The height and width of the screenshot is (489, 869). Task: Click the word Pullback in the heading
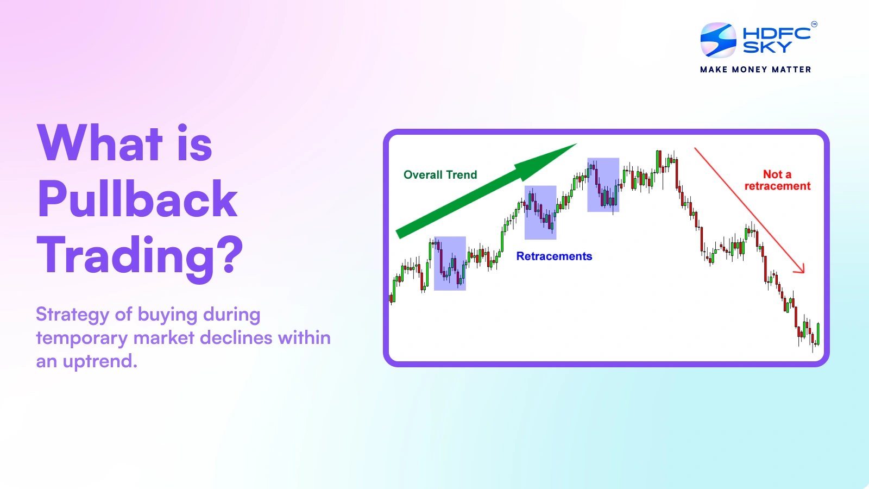137,199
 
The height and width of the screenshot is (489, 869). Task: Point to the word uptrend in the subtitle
100,361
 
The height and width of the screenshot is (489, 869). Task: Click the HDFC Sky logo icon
718,40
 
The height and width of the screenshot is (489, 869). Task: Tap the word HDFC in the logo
777,33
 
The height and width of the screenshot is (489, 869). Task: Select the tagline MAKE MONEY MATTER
755,70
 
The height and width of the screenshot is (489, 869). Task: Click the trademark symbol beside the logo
814,24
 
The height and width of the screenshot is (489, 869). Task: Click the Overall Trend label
440,174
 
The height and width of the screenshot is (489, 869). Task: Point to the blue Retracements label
554,256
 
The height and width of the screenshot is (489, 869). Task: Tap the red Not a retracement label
777,180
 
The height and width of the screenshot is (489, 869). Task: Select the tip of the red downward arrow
804,273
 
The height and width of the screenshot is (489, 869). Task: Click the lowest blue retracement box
450,263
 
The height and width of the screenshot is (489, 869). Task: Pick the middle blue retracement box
540,212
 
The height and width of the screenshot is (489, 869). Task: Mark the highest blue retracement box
603,185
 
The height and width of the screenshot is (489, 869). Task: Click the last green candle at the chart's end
818,334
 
